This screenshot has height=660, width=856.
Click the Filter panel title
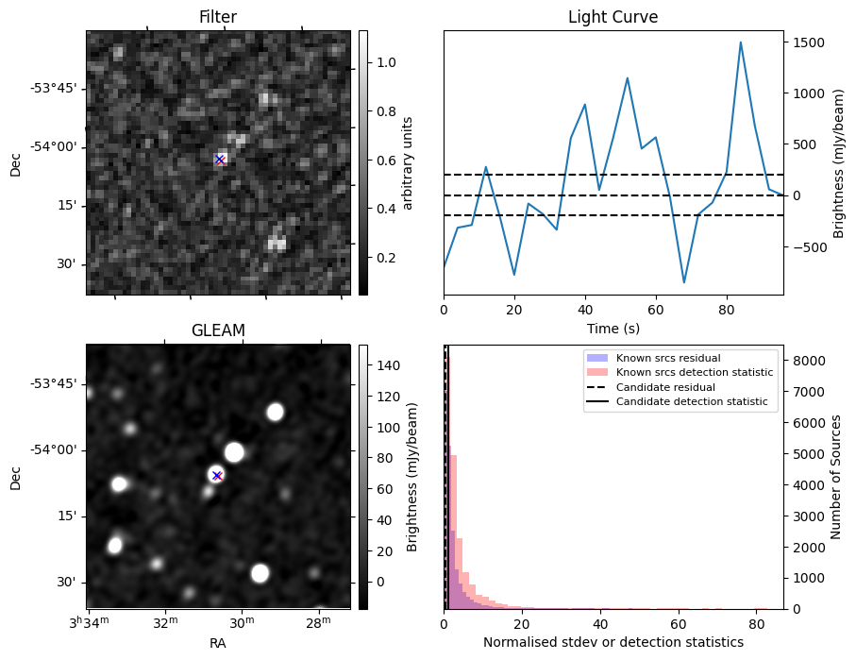[x=218, y=17]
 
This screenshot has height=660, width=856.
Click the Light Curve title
[x=613, y=17]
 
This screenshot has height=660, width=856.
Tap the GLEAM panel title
[x=218, y=330]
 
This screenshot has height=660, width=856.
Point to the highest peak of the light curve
[x=740, y=42]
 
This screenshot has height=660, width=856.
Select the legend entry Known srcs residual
[x=667, y=358]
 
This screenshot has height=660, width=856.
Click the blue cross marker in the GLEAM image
[x=217, y=475]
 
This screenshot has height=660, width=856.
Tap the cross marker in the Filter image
[x=220, y=160]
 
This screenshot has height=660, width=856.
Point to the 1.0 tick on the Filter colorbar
[x=385, y=62]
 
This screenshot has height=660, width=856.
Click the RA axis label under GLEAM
[x=218, y=643]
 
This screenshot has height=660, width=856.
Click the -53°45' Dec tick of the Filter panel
[x=54, y=89]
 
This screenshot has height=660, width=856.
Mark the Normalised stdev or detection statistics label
[x=613, y=643]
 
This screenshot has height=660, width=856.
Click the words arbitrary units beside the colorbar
[x=408, y=162]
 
